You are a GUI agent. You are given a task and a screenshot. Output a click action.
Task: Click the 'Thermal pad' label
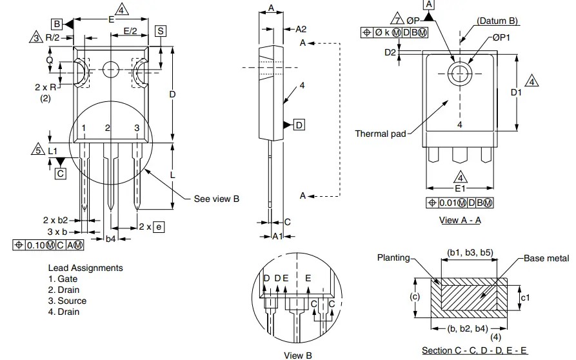381,134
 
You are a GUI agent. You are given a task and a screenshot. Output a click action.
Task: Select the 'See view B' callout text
217,199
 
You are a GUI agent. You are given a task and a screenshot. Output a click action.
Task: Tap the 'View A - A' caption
460,220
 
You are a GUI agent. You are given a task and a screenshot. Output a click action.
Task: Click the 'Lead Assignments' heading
85,268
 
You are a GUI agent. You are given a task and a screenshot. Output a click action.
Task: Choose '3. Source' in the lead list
67,301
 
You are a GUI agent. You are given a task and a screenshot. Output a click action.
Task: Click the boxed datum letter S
161,31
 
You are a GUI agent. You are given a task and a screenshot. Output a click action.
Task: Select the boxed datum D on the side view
299,125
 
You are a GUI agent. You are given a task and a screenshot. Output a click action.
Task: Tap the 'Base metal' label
546,258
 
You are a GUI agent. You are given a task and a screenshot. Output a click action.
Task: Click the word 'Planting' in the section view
393,257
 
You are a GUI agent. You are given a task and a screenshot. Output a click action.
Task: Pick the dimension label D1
516,92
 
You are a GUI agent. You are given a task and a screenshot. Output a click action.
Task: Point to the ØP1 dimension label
501,38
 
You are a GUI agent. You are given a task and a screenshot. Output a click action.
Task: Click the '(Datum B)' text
497,21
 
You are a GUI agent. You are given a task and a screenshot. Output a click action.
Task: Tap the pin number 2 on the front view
108,128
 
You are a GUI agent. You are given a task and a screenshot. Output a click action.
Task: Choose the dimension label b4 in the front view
110,239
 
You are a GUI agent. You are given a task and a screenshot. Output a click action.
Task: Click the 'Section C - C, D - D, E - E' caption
474,350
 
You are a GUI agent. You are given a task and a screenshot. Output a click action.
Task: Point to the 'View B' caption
297,355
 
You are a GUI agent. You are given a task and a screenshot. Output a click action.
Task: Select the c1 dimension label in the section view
526,297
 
